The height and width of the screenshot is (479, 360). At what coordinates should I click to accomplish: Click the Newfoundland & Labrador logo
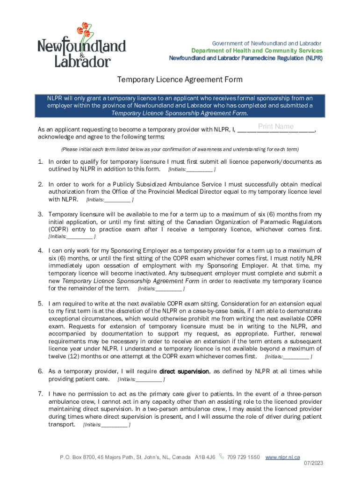[81, 45]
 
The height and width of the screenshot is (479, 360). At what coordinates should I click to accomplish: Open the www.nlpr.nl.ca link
[282, 457]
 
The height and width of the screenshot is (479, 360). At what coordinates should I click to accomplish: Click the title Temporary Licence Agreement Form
[180, 80]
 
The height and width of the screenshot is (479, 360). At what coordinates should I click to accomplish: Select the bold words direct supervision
[184, 371]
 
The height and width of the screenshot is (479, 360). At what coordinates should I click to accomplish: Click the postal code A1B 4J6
[205, 457]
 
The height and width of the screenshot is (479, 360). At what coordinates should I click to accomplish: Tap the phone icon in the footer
[222, 457]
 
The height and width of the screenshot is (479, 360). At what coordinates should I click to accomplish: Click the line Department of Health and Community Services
[257, 51]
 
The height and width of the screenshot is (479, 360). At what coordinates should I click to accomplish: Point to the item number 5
[41, 304]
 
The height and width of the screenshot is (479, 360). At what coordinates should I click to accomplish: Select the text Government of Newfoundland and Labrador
[267, 43]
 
